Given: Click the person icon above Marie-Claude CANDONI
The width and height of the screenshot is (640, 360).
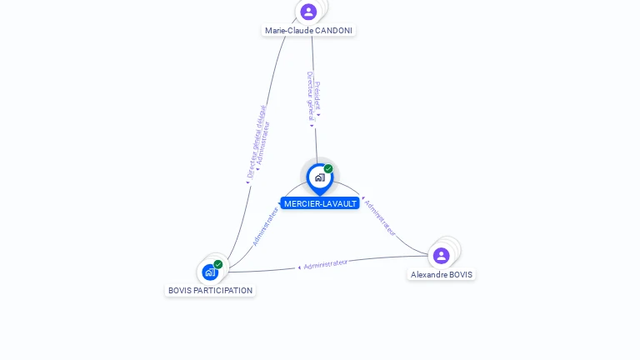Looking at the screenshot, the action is pyautogui.click(x=308, y=12).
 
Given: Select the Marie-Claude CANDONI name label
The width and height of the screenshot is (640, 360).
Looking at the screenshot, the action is pyautogui.click(x=308, y=31).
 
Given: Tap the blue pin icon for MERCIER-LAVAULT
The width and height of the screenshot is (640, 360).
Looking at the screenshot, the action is pyautogui.click(x=319, y=177).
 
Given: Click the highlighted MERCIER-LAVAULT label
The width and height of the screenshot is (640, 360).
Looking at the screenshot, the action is pyautogui.click(x=320, y=203).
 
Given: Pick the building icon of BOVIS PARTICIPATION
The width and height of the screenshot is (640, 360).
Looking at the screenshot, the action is pyautogui.click(x=209, y=272).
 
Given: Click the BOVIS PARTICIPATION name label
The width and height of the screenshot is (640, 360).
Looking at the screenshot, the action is pyautogui.click(x=210, y=291).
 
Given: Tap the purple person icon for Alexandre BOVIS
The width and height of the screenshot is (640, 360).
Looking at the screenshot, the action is pyautogui.click(x=441, y=255).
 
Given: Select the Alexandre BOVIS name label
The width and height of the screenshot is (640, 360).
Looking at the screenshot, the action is pyautogui.click(x=441, y=274).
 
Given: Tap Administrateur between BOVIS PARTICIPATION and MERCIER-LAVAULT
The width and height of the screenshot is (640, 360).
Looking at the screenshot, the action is pyautogui.click(x=266, y=225).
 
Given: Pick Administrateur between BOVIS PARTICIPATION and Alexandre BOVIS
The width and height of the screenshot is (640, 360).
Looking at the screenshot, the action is pyautogui.click(x=325, y=264).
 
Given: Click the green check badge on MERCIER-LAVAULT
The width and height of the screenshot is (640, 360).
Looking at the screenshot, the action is pyautogui.click(x=328, y=168).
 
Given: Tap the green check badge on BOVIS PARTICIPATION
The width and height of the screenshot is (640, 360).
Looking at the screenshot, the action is pyautogui.click(x=218, y=264).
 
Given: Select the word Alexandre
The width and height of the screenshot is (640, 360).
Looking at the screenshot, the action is pyautogui.click(x=428, y=274).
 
